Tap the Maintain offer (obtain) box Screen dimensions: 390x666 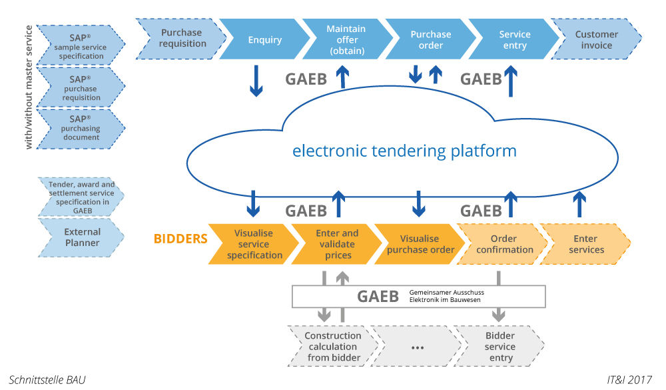pyautogui.click(x=346, y=39)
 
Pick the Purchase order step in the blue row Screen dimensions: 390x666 pyautogui.click(x=430, y=39)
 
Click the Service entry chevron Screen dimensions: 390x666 pyautogui.click(x=514, y=39)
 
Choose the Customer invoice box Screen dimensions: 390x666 pyautogui.click(x=596, y=39)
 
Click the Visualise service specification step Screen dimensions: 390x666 pyautogui.click(x=254, y=244)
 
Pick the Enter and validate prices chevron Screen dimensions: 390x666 pyautogui.click(x=336, y=244)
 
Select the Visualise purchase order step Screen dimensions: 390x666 pyautogui.click(x=420, y=244)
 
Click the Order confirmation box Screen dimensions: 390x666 pyautogui.click(x=503, y=244)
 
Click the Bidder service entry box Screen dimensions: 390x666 pyautogui.click(x=499, y=347)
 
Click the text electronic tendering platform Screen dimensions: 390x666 pyautogui.click(x=404, y=151)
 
